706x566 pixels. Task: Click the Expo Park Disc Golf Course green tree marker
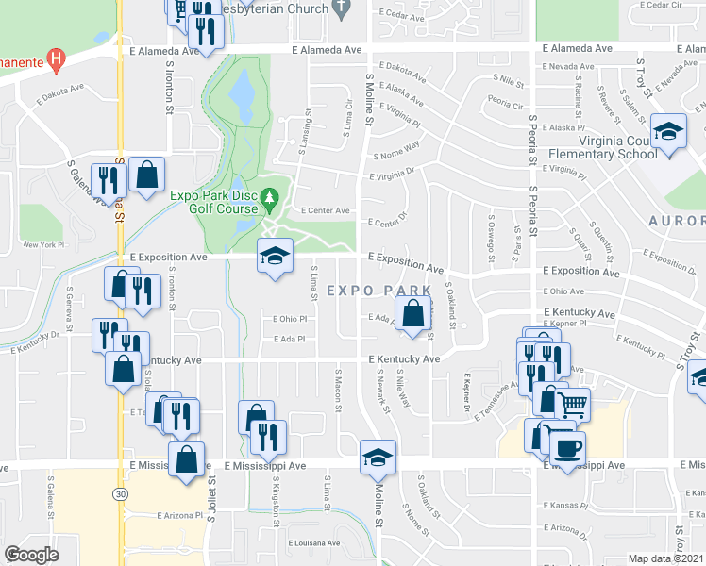[271, 199]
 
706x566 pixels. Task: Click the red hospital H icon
[56, 61]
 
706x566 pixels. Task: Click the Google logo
[31, 554]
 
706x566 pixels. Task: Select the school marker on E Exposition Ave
[275, 256]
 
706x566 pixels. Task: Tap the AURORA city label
[676, 221]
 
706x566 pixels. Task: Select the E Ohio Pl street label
[290, 319]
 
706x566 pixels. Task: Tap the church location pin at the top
[343, 8]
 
